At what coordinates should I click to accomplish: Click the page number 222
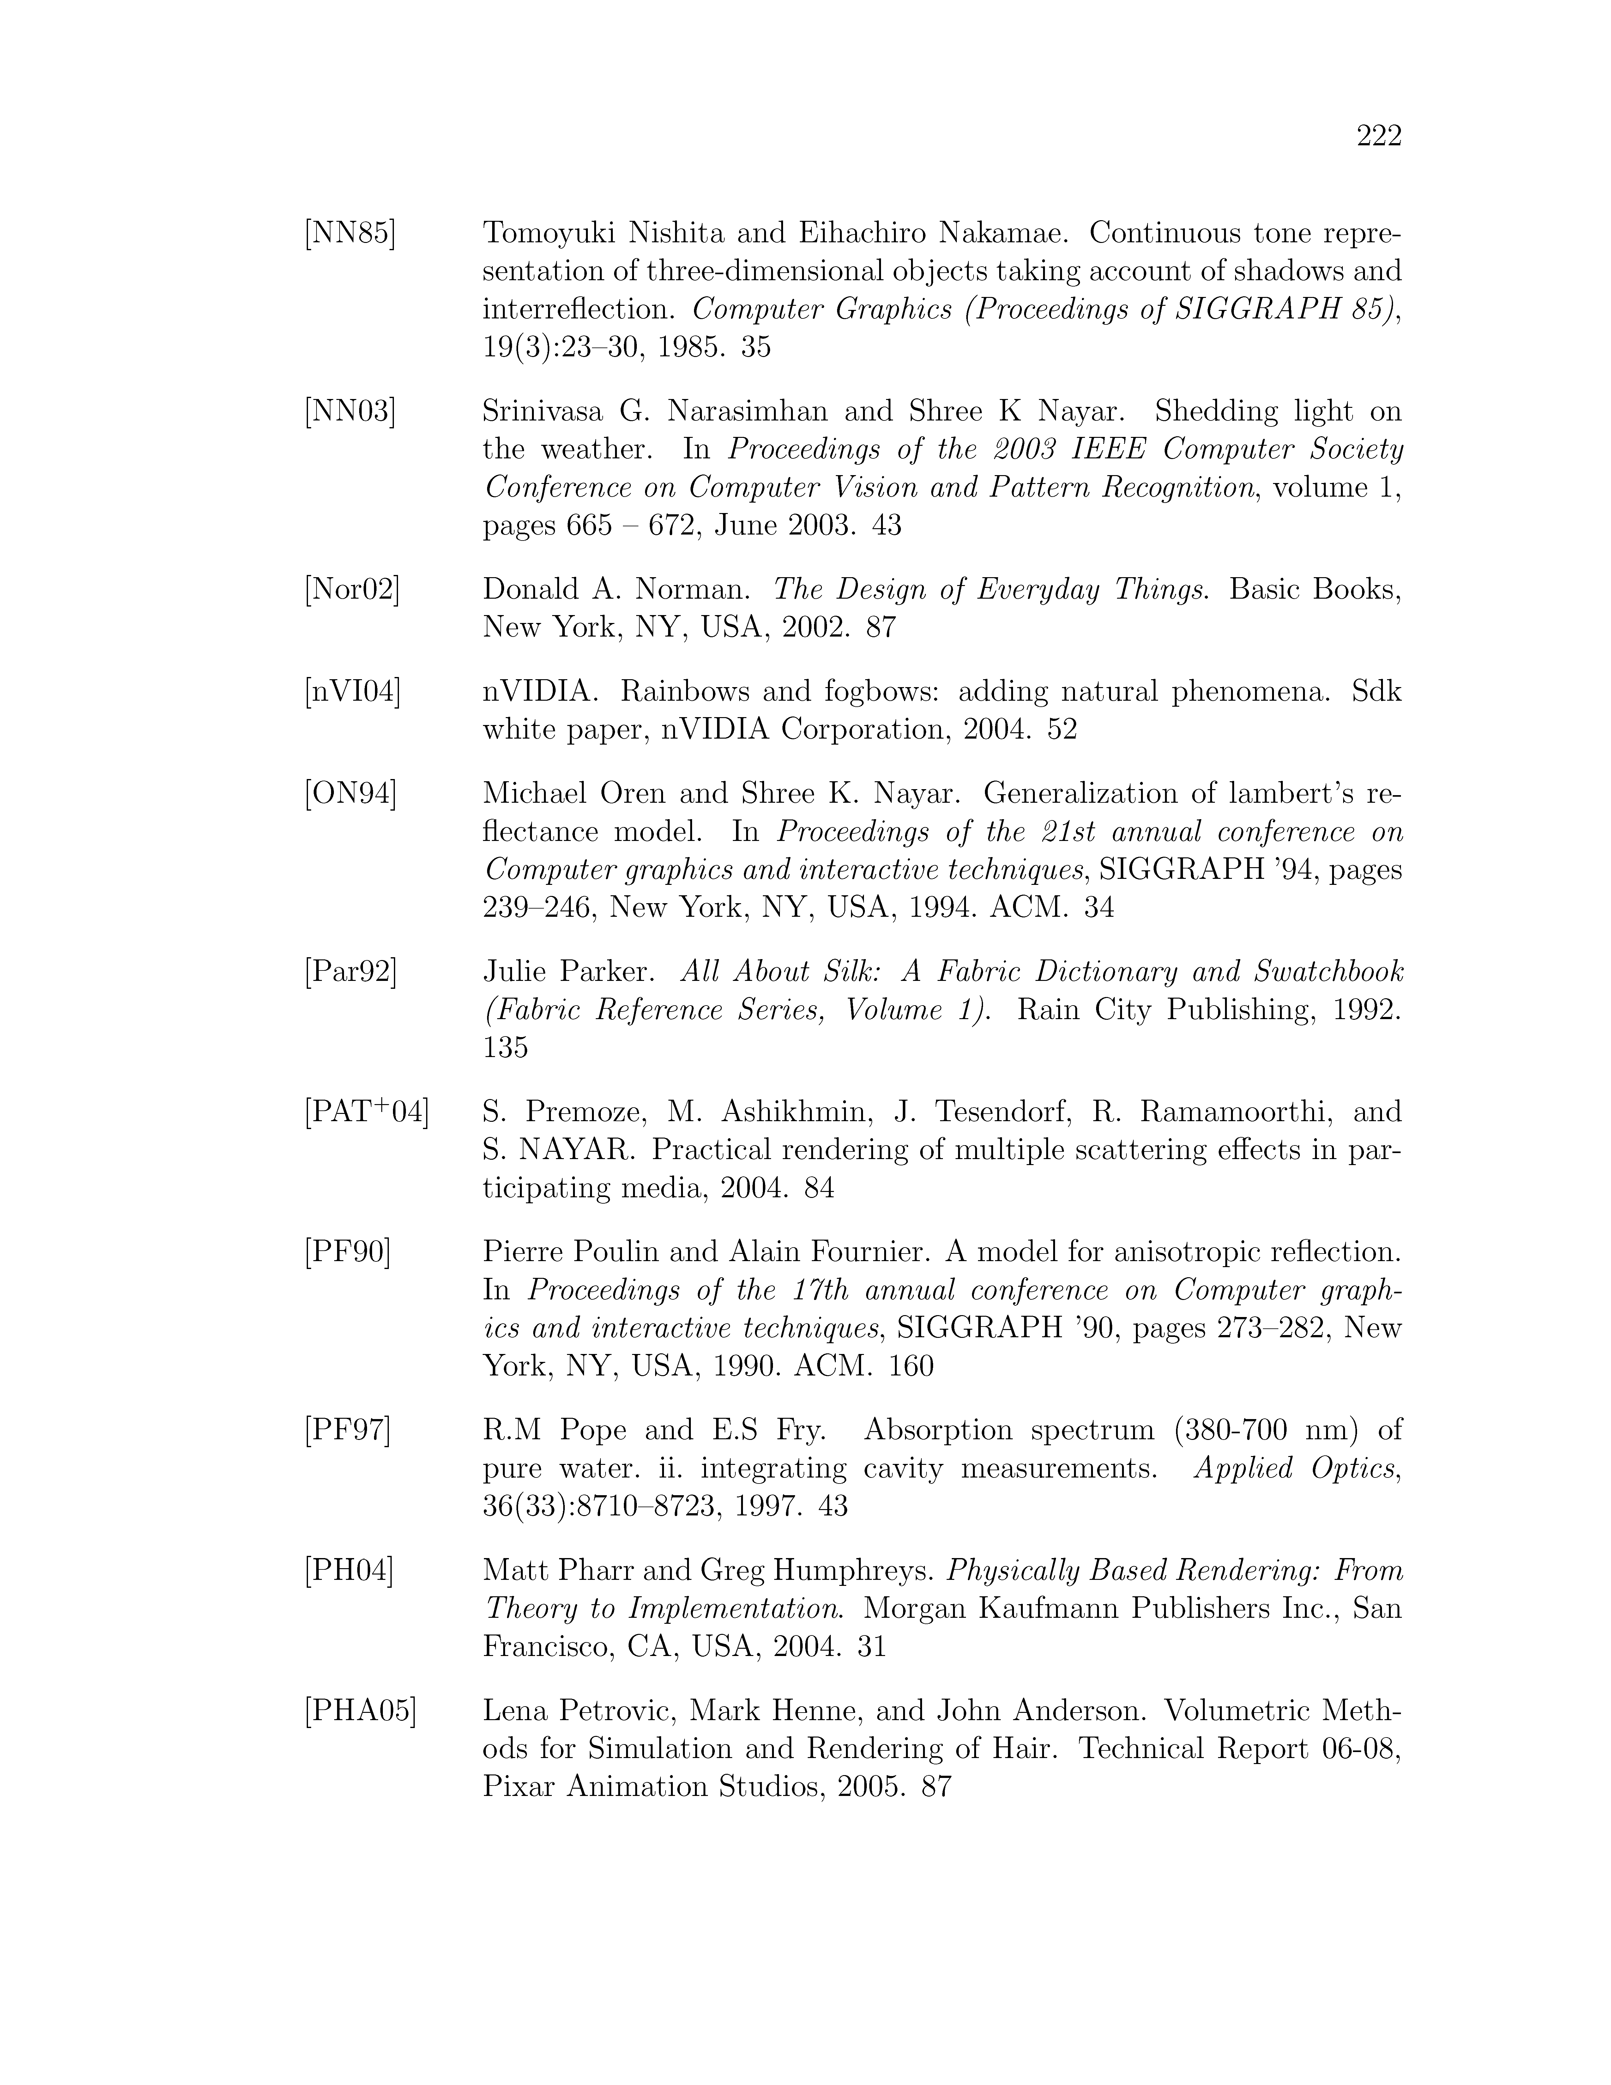click(x=1378, y=137)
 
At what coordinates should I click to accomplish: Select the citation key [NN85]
click(x=349, y=233)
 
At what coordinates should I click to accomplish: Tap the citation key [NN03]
click(x=349, y=411)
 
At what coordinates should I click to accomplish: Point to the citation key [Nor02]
click(x=352, y=590)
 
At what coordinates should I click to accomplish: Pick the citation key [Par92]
click(x=350, y=972)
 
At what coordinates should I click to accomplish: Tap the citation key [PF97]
click(x=347, y=1430)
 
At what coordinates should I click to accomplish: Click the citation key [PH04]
click(x=348, y=1570)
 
